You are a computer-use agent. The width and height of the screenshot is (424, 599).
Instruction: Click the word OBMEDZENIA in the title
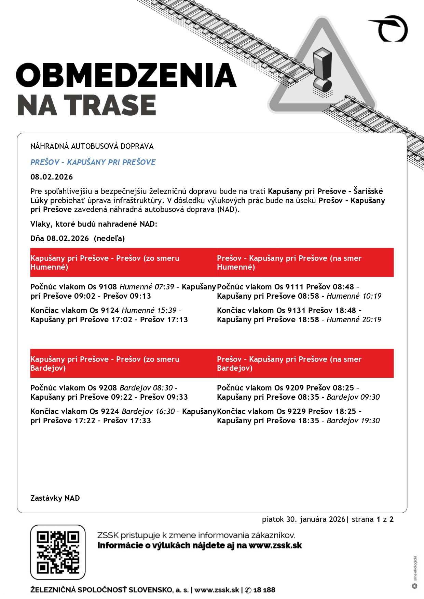click(x=126, y=75)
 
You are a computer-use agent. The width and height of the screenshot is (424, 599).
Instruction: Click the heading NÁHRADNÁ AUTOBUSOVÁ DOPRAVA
click(x=92, y=146)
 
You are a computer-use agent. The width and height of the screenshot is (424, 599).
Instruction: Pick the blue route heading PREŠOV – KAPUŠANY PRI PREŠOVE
click(x=93, y=162)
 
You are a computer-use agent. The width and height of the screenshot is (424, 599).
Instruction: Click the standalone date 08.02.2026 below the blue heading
click(x=52, y=177)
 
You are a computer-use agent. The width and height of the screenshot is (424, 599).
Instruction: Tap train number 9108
click(x=108, y=287)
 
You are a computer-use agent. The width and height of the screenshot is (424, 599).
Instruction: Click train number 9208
click(x=108, y=388)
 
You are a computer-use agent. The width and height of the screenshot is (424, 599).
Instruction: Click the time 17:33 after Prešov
click(x=141, y=420)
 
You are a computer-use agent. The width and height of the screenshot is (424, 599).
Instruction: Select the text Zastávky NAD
click(x=55, y=498)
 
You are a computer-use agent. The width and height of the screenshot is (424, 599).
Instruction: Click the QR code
click(x=58, y=552)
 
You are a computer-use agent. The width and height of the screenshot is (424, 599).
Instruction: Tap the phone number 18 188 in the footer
click(x=264, y=590)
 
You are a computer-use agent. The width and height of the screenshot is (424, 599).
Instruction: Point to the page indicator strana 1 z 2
click(x=372, y=519)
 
